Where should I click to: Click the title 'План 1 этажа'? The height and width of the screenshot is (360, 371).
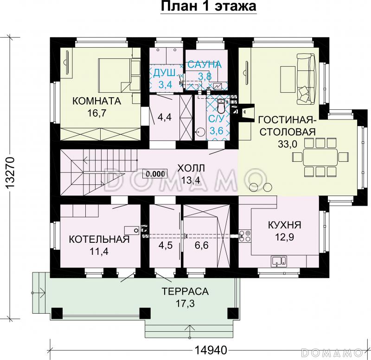pyautogui.click(x=208, y=6)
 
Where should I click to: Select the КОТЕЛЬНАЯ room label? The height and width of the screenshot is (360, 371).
pyautogui.click(x=99, y=239)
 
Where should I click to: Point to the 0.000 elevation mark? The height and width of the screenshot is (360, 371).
pyautogui.click(x=155, y=174)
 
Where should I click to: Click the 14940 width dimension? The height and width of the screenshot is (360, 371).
pyautogui.click(x=211, y=350)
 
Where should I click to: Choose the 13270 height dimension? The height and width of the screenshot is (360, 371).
pyautogui.click(x=11, y=172)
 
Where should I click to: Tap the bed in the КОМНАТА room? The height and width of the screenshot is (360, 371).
pyautogui.click(x=115, y=75)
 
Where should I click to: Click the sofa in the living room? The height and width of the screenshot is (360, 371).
pyautogui.click(x=306, y=79)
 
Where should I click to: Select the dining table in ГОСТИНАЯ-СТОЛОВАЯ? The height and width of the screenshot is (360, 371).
pyautogui.click(x=320, y=157)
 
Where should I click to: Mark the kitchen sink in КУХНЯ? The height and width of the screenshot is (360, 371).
pyautogui.click(x=279, y=261)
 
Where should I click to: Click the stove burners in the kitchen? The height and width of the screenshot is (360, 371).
pyautogui.click(x=245, y=236)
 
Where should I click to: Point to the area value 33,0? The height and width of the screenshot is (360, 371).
pyautogui.click(x=287, y=144)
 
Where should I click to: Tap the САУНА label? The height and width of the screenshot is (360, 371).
pyautogui.click(x=205, y=64)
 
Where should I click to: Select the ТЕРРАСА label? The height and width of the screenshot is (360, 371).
pyautogui.click(x=185, y=291)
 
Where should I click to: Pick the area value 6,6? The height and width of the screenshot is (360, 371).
pyautogui.click(x=202, y=246)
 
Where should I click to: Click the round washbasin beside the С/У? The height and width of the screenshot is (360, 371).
pyautogui.click(x=201, y=131)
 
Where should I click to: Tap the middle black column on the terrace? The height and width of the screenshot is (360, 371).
pyautogui.click(x=145, y=313)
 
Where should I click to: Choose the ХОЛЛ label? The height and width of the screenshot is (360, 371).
pyautogui.click(x=191, y=169)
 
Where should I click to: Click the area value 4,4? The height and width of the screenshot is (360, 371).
pyautogui.click(x=165, y=117)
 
